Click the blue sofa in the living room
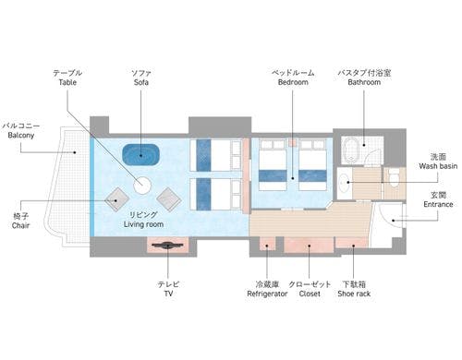click(140, 154)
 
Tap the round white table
click(142, 186)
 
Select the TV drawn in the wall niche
click(167, 246)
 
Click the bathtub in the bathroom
click(350, 150)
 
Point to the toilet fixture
click(394, 177)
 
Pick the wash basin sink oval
click(343, 182)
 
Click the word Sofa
click(141, 82)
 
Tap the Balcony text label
click(21, 136)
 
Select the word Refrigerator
click(267, 294)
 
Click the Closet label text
click(310, 294)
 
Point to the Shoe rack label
click(354, 294)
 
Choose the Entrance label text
click(438, 205)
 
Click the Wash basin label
click(438, 166)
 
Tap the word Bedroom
click(293, 82)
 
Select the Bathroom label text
click(364, 82)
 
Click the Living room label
click(143, 224)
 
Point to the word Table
click(67, 82)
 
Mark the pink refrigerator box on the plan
click(267, 244)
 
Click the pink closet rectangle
click(309, 245)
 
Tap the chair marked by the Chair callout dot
click(116, 199)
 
